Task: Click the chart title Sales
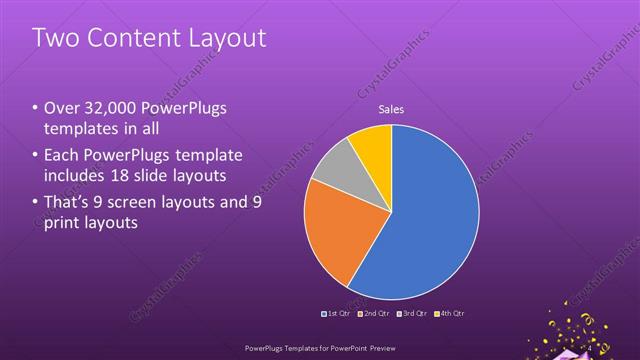391,110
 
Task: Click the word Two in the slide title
56,38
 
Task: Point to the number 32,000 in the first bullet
110,108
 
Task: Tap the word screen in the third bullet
146,200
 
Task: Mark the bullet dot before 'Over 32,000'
36,108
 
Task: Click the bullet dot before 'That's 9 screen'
36,200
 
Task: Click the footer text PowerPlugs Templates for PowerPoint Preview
319,349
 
